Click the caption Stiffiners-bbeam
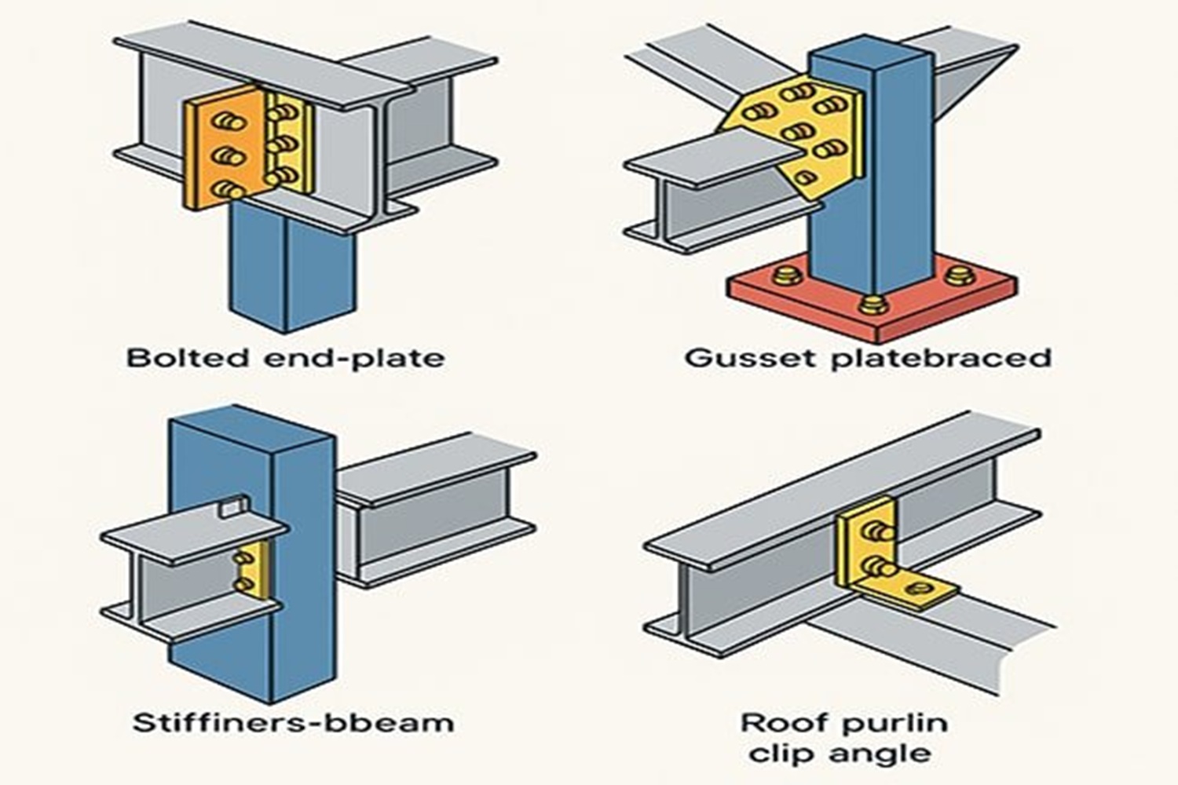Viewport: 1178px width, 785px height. (293, 722)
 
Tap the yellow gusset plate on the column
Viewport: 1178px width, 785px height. (793, 130)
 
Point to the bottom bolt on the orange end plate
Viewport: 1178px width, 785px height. (228, 189)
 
